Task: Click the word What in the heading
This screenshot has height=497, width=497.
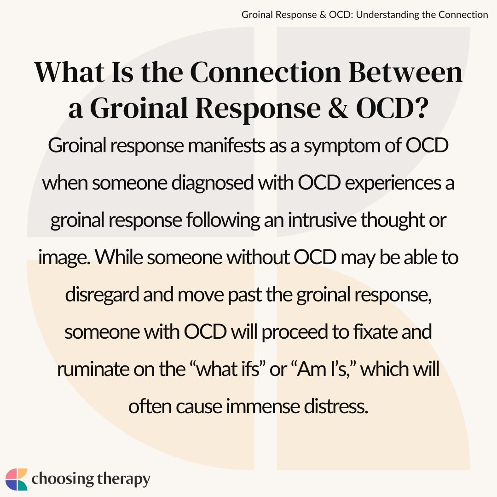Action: coord(69,72)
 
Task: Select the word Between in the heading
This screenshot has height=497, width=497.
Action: coord(405,72)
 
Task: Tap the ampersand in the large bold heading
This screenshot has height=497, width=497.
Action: coord(338,108)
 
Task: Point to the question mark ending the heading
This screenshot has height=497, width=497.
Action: coord(421,108)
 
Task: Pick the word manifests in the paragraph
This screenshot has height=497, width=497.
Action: coord(226,146)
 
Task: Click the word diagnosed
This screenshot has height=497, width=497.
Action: coord(212,183)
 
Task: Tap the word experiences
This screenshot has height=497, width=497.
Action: coord(393,184)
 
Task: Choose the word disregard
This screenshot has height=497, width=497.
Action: coord(102,295)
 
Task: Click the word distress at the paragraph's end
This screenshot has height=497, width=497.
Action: coord(336,406)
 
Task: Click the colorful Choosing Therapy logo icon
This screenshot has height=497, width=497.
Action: coord(17,479)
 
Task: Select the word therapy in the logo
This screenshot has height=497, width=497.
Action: coord(123,480)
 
